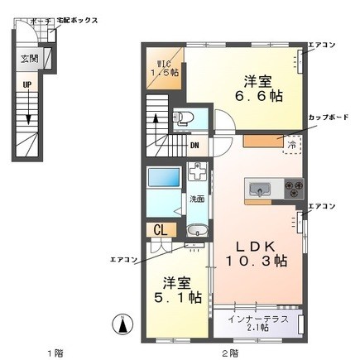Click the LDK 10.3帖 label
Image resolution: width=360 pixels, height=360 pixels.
[x=257, y=252]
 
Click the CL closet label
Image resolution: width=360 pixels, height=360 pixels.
[x=160, y=231]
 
